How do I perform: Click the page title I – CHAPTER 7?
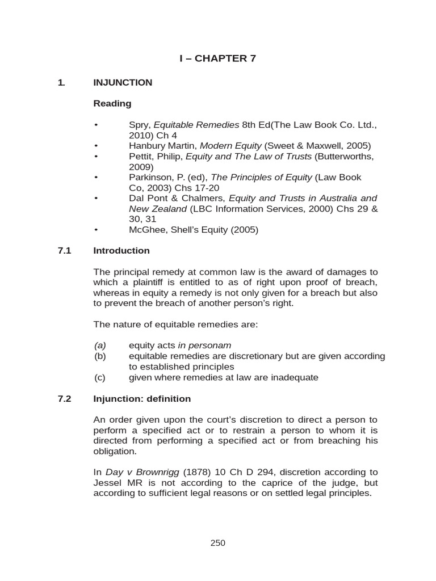point(218,58)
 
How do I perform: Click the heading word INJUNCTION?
point(123,82)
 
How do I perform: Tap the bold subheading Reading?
point(112,103)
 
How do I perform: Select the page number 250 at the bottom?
point(217,543)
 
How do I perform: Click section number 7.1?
point(64,250)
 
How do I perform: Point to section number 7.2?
point(64,399)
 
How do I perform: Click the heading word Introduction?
point(121,250)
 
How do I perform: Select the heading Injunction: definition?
point(142,399)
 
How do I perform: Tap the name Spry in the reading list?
point(139,125)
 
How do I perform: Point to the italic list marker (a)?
point(100,346)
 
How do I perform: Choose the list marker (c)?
point(100,377)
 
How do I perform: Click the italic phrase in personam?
point(204,346)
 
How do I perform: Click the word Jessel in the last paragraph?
point(107,483)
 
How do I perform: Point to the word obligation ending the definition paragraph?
point(115,451)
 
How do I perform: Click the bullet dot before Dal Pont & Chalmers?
point(97,198)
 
